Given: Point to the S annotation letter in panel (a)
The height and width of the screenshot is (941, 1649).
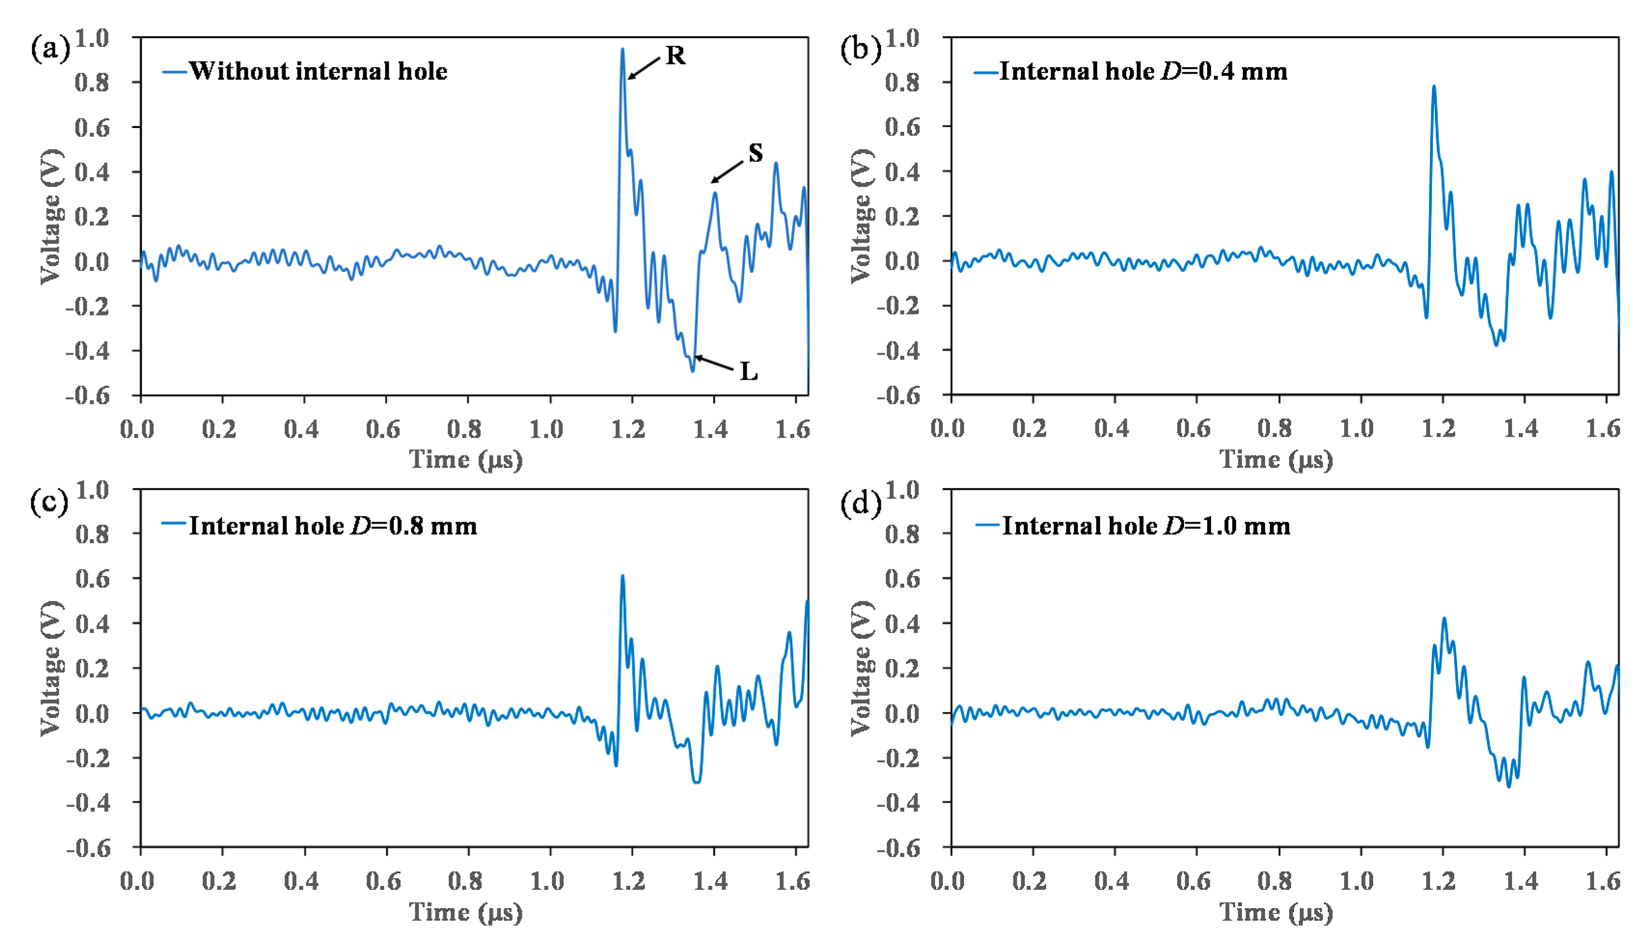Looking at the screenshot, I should (x=755, y=153).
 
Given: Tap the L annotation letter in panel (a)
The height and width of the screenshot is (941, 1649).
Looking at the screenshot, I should (x=748, y=372).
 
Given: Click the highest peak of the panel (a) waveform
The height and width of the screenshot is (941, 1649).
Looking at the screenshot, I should (x=623, y=49).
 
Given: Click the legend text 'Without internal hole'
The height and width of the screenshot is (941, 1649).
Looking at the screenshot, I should (x=318, y=71).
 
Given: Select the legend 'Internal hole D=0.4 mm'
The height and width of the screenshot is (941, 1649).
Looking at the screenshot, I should (x=1143, y=71).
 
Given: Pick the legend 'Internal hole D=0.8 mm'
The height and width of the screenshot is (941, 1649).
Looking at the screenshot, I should (x=332, y=526).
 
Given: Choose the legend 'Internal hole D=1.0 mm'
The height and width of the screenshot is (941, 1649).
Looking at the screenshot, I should (x=1145, y=526).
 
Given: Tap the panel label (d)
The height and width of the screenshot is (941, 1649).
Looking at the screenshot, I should (x=859, y=503).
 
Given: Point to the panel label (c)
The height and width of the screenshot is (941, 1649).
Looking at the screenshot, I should (x=49, y=503).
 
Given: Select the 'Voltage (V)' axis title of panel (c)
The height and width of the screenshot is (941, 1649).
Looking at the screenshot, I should (x=52, y=668).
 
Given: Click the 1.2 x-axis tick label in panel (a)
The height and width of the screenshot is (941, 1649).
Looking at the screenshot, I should (x=628, y=429).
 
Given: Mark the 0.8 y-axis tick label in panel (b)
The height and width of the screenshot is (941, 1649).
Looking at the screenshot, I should (x=902, y=83).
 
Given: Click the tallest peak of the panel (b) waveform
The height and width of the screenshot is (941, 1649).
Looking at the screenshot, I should (x=1434, y=86).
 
